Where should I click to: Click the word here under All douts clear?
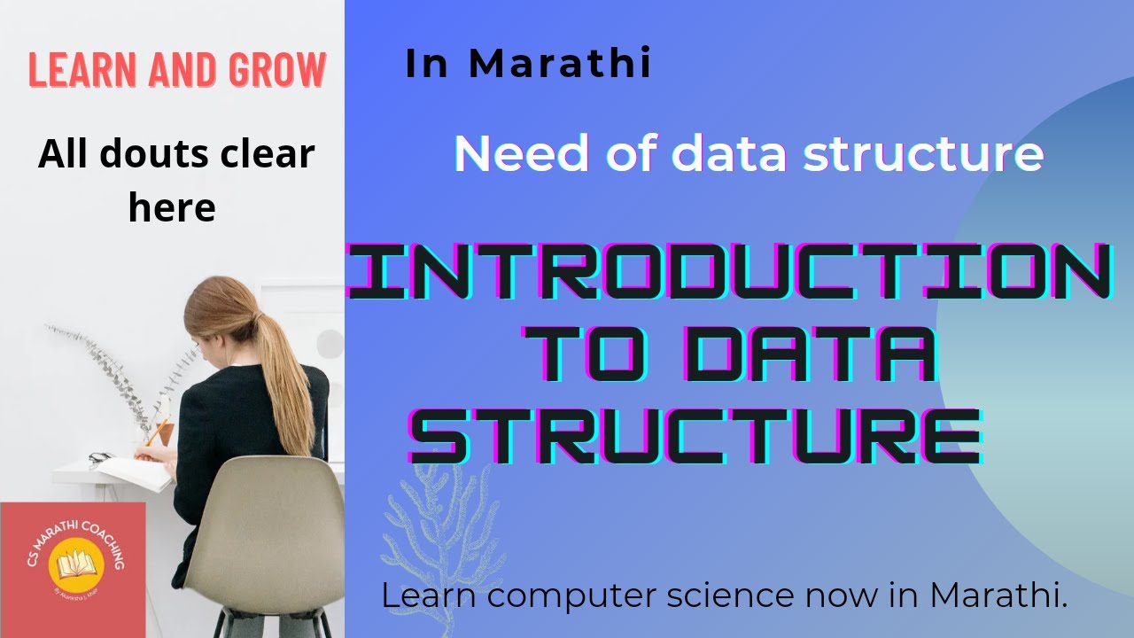(x=172, y=206)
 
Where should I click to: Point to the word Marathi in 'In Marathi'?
(x=560, y=64)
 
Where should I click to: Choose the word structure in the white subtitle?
(x=923, y=153)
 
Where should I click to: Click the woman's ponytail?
(x=290, y=372)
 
